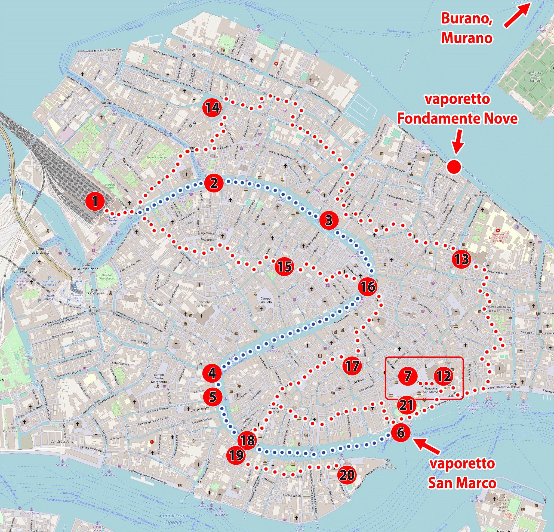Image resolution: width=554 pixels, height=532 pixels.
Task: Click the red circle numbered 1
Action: tap(95, 201)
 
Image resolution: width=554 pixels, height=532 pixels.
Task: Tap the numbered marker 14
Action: tap(212, 107)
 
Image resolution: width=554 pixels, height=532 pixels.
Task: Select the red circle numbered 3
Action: tap(329, 220)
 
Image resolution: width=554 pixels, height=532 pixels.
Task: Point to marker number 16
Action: tap(368, 287)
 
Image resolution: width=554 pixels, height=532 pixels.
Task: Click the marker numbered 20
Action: tap(347, 475)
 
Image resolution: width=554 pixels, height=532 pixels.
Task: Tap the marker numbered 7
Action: tap(408, 376)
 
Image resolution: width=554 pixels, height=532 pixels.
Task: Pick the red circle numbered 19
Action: tap(236, 455)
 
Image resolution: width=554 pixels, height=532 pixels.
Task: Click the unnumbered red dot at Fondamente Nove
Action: tap(454, 167)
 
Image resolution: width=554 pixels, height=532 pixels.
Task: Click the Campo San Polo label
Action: tap(265, 300)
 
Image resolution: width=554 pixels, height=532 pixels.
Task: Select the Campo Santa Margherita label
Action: tap(159, 378)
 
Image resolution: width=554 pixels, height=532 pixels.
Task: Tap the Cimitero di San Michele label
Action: tap(535, 76)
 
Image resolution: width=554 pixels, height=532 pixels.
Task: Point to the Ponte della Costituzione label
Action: tap(85, 267)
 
